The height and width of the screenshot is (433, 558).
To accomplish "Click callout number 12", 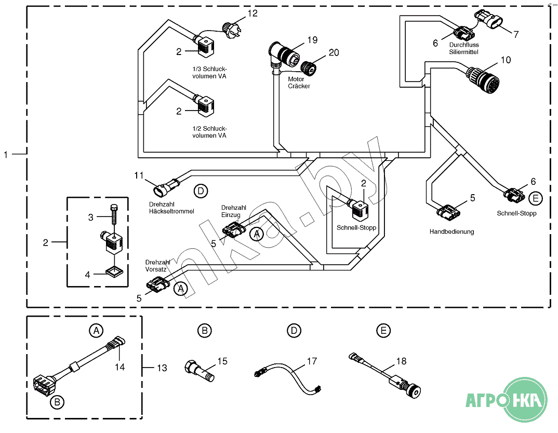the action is point(253,13).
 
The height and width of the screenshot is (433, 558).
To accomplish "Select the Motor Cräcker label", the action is point(299,83).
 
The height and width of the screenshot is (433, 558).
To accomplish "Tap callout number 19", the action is point(312,40).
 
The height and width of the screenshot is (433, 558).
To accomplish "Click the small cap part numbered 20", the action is point(308,67).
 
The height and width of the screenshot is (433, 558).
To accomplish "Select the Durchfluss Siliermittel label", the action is point(463,48).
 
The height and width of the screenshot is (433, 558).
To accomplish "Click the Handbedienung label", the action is point(451,232).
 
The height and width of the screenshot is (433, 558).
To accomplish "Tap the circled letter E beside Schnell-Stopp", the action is point(536,198).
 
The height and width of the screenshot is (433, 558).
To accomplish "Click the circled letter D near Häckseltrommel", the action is point(201,191).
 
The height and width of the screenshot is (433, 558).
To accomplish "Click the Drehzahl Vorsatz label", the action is point(157,265).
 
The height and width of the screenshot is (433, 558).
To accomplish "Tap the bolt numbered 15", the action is point(200,371).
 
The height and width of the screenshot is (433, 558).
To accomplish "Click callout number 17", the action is point(312,361).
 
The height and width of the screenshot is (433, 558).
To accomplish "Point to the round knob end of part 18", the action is point(413,390).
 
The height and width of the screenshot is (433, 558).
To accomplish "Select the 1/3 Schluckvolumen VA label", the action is point(209,73).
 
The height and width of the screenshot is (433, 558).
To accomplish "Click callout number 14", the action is point(120,367).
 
